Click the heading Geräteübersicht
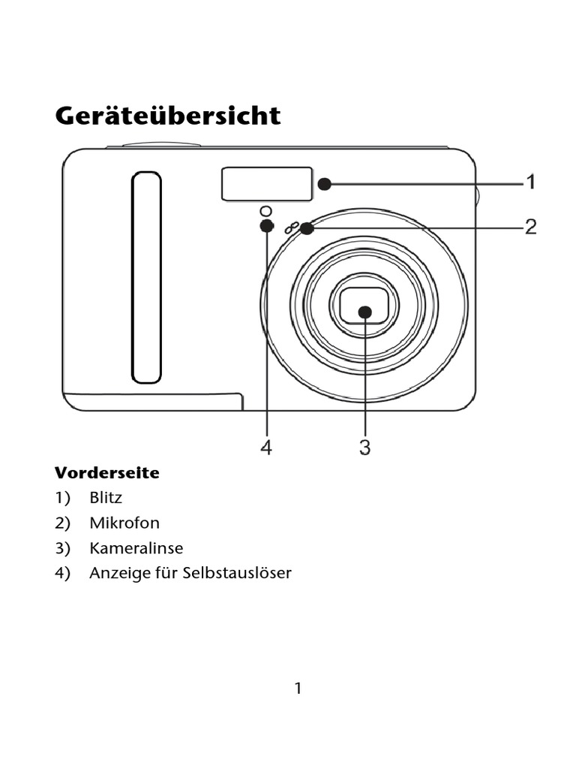click(168, 116)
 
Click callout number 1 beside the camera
click(530, 182)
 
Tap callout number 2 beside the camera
click(530, 226)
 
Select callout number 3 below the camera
click(364, 448)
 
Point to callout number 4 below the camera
click(266, 448)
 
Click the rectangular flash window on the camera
click(266, 184)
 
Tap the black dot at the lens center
click(364, 311)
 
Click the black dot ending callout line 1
click(324, 183)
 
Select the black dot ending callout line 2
click(306, 227)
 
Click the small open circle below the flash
click(265, 210)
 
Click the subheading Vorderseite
click(106, 473)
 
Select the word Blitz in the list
click(106, 498)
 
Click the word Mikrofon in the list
click(124, 523)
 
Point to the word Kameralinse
click(136, 548)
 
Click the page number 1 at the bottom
click(298, 688)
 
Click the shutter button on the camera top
click(162, 145)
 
